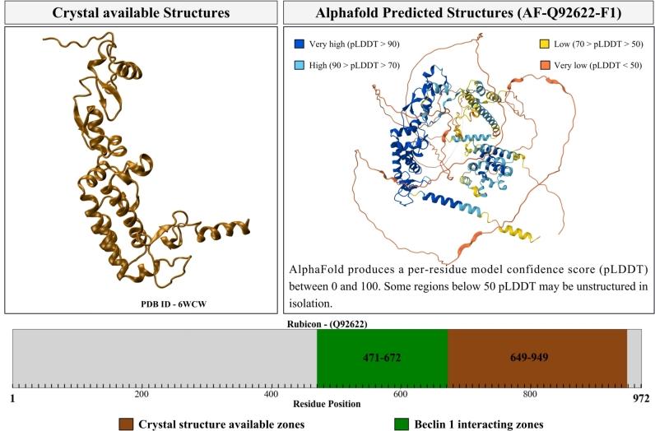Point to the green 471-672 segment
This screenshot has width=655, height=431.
382,357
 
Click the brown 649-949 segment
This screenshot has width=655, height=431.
537,357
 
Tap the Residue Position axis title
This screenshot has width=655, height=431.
327,404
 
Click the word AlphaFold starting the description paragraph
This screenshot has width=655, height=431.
317,270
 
